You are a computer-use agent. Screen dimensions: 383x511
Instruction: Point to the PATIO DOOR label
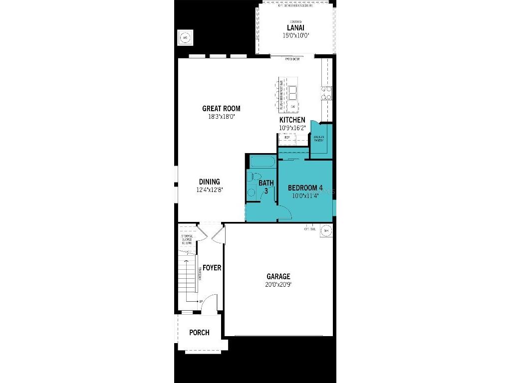tap(292, 59)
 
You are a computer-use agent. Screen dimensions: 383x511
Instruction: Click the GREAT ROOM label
tap(221, 108)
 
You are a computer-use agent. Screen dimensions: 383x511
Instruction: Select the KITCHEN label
tap(292, 120)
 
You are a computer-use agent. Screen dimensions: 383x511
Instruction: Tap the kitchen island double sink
tap(293, 93)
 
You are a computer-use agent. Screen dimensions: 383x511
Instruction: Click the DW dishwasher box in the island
tap(293, 106)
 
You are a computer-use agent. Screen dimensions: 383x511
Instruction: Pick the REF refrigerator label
tap(287, 137)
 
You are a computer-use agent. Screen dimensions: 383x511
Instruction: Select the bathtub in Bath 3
tap(261, 162)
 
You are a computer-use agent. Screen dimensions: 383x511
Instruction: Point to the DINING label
tap(210, 182)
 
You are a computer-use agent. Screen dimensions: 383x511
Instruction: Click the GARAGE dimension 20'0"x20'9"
tap(278, 285)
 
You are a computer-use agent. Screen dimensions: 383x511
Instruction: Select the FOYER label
tap(212, 268)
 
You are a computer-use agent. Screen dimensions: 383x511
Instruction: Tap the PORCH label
tap(199, 333)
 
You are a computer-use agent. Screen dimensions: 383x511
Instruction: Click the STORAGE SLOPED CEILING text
tap(187, 239)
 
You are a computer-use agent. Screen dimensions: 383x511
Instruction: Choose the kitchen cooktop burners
tap(326, 93)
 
